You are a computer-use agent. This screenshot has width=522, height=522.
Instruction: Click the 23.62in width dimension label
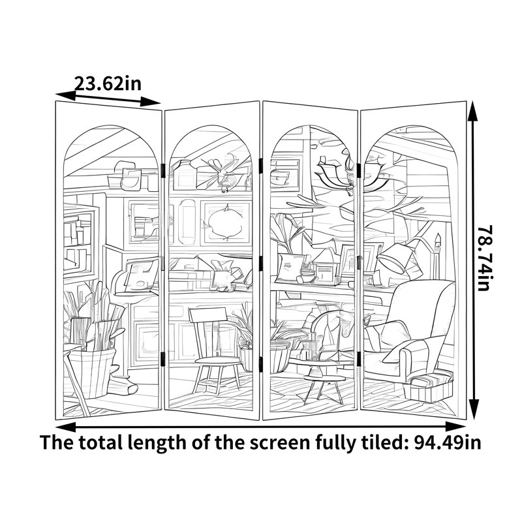(x=108, y=84)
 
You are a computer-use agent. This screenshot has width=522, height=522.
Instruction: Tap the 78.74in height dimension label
(x=484, y=258)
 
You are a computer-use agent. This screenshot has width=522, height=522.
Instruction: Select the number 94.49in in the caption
(x=448, y=442)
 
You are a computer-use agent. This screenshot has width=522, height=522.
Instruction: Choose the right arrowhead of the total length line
(x=456, y=427)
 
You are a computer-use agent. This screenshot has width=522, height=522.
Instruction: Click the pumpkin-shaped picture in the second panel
(x=226, y=221)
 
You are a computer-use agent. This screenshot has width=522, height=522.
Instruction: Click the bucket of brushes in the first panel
(x=91, y=369)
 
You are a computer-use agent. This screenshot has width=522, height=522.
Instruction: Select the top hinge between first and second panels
(x=162, y=170)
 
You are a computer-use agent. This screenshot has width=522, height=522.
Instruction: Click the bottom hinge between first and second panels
(x=162, y=359)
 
